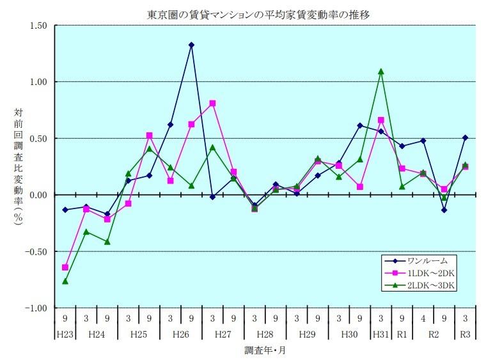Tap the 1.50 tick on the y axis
pyautogui.click(x=37, y=26)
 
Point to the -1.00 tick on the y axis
pyautogui.click(x=36, y=308)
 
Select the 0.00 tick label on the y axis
pyautogui.click(x=37, y=194)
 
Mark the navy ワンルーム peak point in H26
pyautogui.click(x=191, y=45)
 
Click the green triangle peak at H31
pyautogui.click(x=381, y=72)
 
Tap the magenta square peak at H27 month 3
pyautogui.click(x=212, y=103)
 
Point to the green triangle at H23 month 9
pyautogui.click(x=65, y=281)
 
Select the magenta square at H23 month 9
pyautogui.click(x=65, y=267)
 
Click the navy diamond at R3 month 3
pyautogui.click(x=465, y=137)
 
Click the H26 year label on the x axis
pyautogui.click(x=181, y=333)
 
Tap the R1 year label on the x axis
pyautogui.click(x=402, y=333)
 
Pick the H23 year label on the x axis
pyautogui.click(x=65, y=333)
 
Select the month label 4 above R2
pyautogui.click(x=423, y=318)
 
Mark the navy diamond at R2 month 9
pyautogui.click(x=444, y=210)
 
